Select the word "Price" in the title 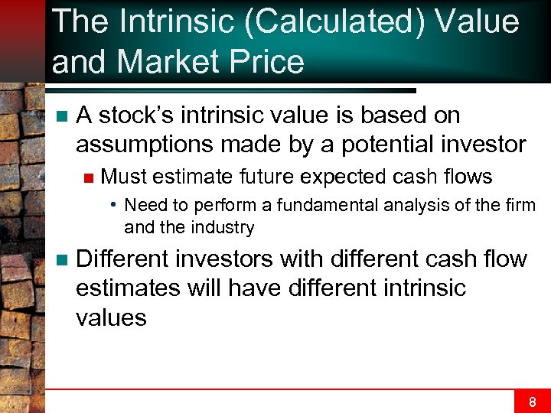(x=266, y=61)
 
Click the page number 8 (x=532, y=401)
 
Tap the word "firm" (x=520, y=205)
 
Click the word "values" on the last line (x=111, y=317)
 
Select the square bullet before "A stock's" (x=61, y=116)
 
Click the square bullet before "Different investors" (x=61, y=260)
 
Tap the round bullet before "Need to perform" (x=112, y=205)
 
